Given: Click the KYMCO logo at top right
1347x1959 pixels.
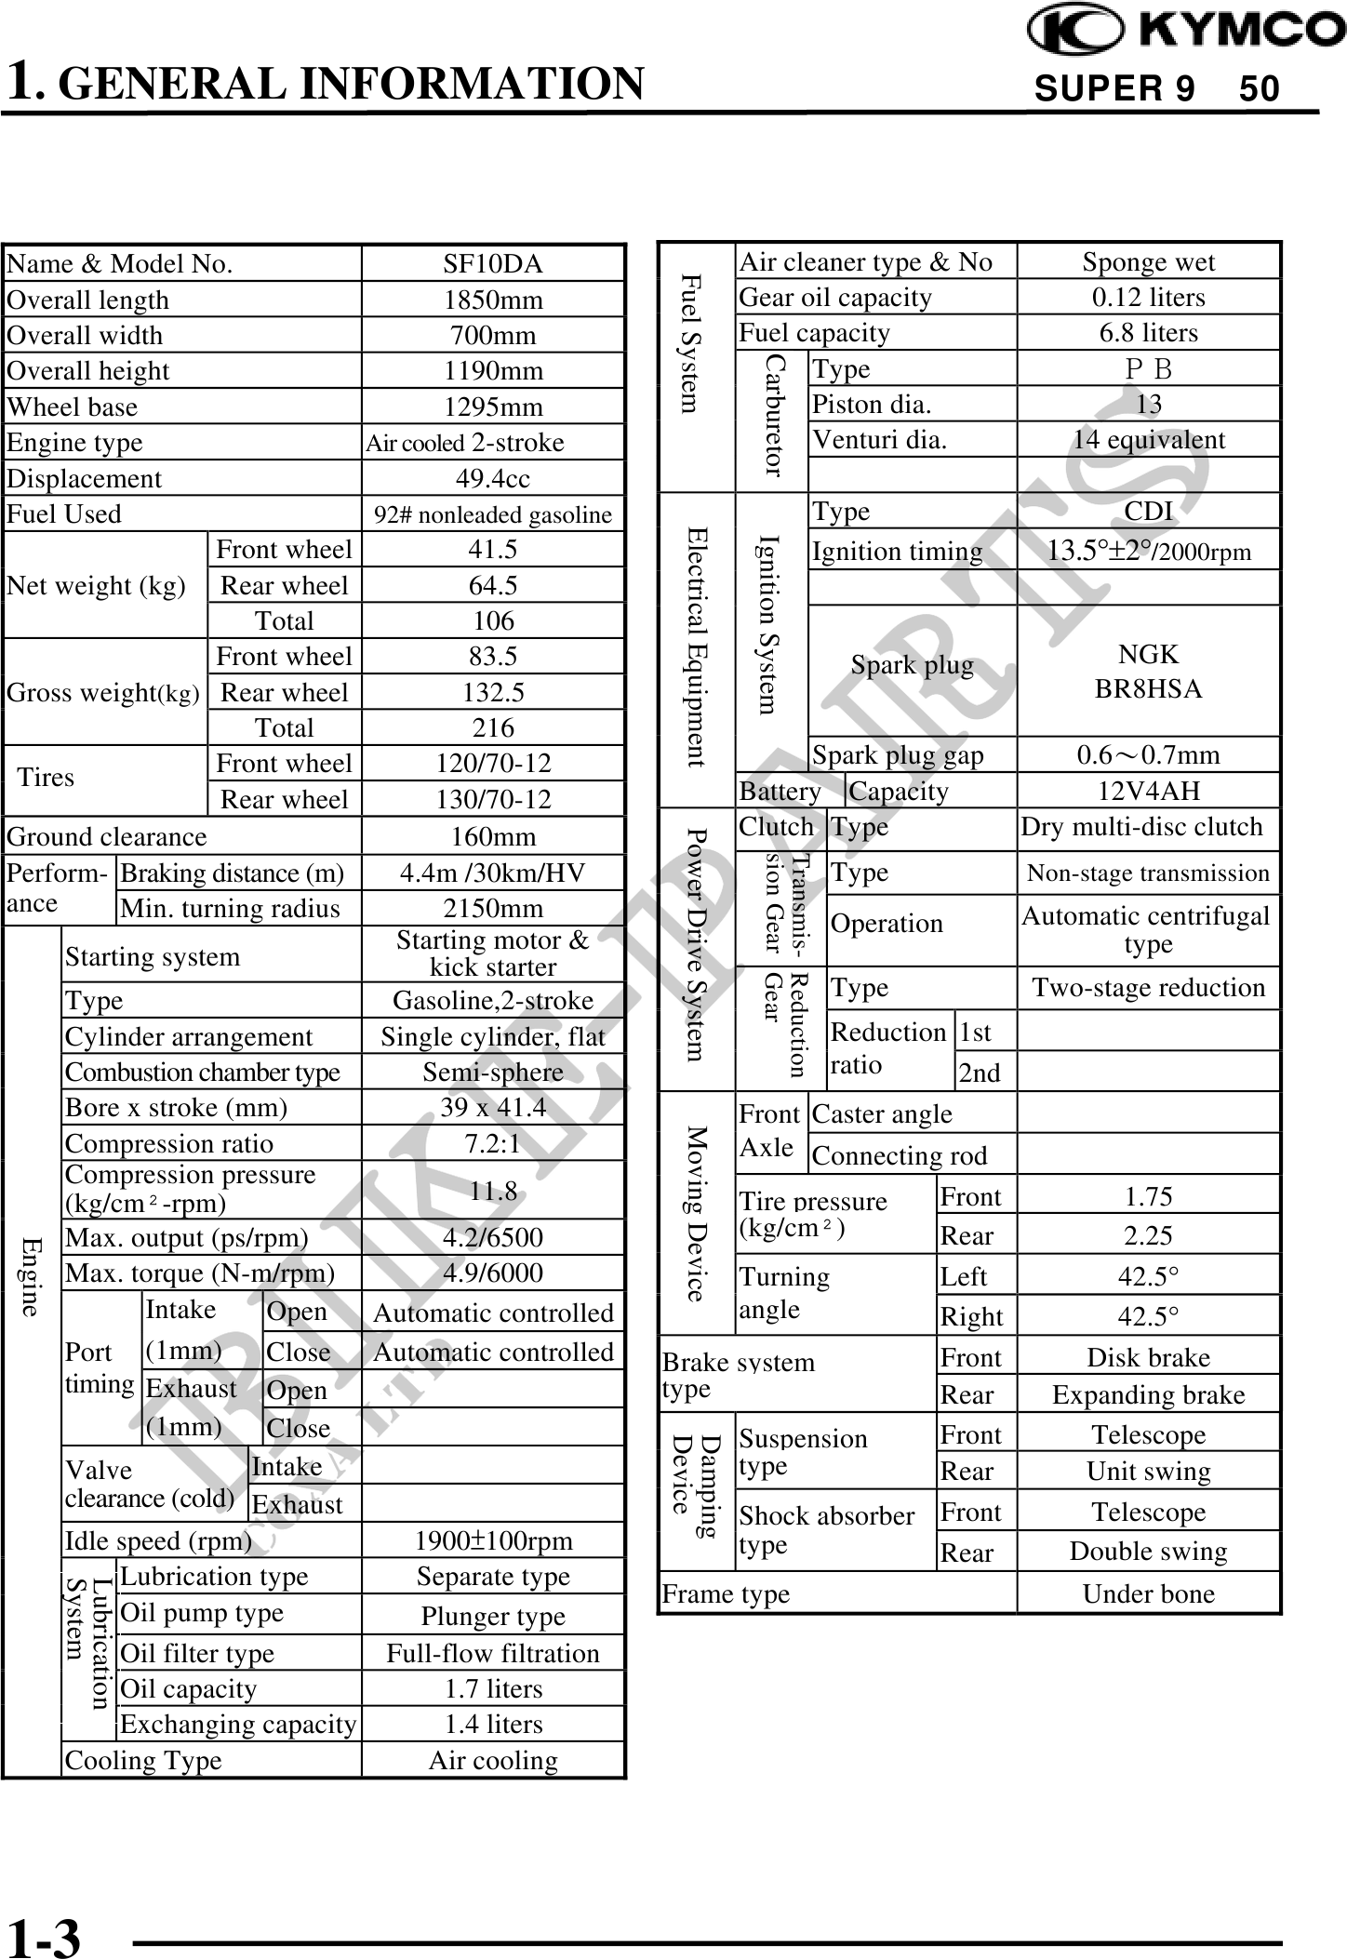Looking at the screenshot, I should click(1185, 29).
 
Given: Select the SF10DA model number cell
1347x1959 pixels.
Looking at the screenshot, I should click(492, 264).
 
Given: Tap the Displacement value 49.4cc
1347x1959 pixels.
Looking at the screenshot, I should click(492, 478).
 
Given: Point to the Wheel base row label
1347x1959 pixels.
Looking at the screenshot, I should click(73, 407).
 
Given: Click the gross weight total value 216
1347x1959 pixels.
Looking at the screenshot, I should click(492, 727).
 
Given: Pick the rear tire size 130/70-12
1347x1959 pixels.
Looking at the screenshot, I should click(492, 799).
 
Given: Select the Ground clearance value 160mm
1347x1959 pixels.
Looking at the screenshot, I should click(492, 836).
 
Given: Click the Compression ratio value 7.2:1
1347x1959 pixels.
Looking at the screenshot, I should click(492, 1143).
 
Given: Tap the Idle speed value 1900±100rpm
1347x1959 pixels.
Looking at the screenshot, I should click(492, 1540).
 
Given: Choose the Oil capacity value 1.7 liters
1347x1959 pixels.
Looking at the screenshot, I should click(492, 1688).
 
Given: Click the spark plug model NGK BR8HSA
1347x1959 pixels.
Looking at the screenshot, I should click(1148, 672).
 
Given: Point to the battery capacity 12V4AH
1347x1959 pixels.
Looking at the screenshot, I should click(1148, 791).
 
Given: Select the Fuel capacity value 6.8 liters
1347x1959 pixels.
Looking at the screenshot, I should click(1148, 333).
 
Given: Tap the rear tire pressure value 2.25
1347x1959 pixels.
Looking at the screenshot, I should click(1148, 1235).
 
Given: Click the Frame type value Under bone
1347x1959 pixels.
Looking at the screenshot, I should click(1148, 1593).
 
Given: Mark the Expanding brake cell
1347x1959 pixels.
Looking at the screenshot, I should click(1148, 1395).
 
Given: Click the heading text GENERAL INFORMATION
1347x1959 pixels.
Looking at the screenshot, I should click(356, 84).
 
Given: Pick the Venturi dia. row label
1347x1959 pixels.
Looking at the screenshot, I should click(879, 440).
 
